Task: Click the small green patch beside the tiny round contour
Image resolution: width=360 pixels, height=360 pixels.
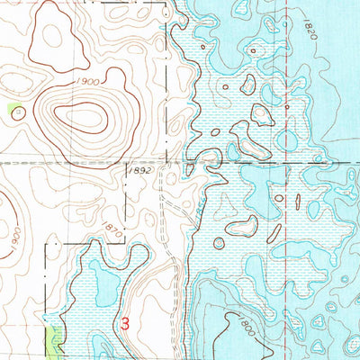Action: pos(13,110)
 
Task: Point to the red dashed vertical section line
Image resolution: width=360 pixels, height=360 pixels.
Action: pos(289,90)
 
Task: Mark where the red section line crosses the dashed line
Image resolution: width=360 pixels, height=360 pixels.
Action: pos(289,163)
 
